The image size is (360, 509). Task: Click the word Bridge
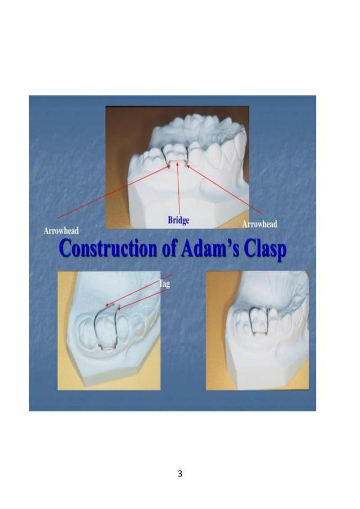(178, 220)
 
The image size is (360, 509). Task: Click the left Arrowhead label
(61, 230)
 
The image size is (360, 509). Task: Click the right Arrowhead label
(260, 225)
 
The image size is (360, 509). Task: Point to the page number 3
(180, 473)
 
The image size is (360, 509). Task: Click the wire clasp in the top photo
(177, 162)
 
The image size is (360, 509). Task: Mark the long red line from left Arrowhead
(113, 192)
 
